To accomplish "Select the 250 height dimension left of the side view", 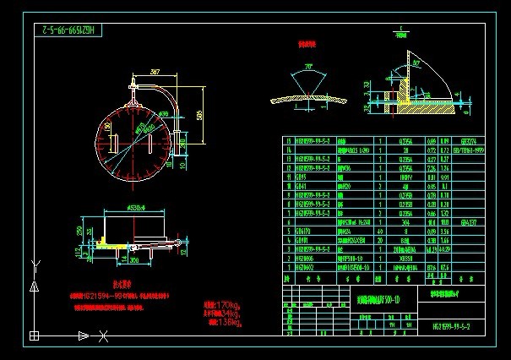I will [80, 230].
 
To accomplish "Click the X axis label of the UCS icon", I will [103, 338].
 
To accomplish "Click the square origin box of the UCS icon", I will [34, 336].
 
